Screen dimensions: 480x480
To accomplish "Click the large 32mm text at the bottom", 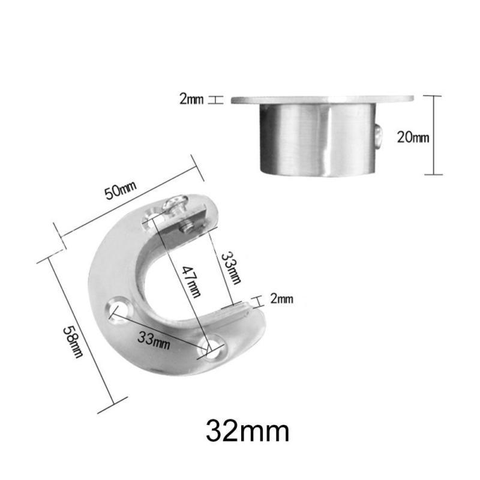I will pyautogui.click(x=248, y=431).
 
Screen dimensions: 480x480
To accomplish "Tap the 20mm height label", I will pyautogui.click(x=413, y=137).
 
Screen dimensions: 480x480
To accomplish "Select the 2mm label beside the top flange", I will pyautogui.click(x=191, y=100).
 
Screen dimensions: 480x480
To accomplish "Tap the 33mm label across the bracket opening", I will pyautogui.click(x=232, y=267).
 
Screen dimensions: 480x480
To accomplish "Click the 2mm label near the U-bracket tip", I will pyautogui.click(x=281, y=298).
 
